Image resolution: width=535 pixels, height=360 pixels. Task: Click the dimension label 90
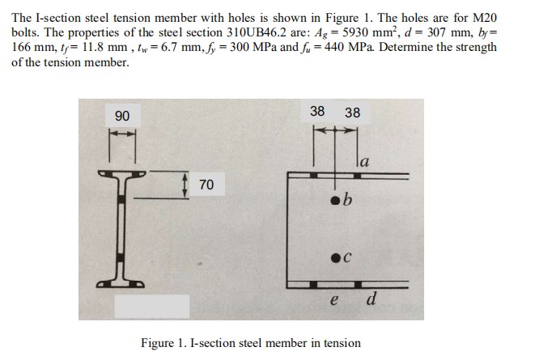pos(121,116)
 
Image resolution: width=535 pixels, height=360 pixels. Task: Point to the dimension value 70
pos(206,185)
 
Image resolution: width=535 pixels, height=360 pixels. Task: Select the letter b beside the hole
pos(348,200)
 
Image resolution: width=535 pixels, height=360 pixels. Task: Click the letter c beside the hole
pos(347,257)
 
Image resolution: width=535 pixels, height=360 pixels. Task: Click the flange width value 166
pos(23,48)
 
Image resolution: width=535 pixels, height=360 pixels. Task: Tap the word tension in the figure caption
pos(341,342)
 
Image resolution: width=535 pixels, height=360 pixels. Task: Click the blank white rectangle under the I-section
pos(151,306)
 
